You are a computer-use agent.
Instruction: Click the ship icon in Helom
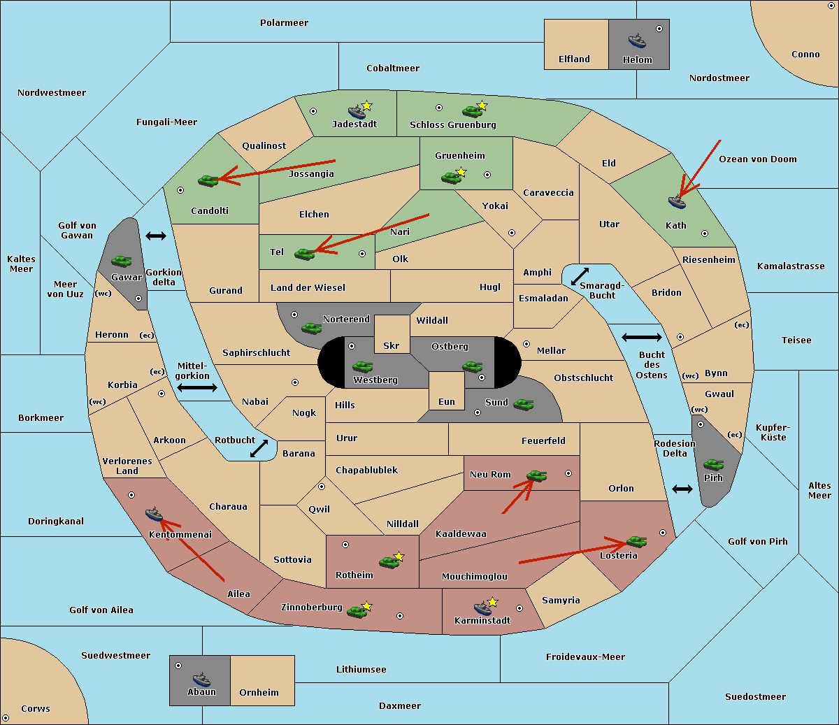[637, 41]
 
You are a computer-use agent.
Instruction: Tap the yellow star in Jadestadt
[366, 106]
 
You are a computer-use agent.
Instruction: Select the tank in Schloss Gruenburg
[472, 111]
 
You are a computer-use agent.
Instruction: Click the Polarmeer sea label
[284, 23]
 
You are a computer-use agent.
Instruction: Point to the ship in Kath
[677, 202]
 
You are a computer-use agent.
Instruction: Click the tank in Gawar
[122, 261]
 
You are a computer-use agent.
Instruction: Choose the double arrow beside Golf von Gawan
[156, 236]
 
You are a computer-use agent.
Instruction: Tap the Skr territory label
[392, 345]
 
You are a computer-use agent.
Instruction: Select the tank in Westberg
[362, 366]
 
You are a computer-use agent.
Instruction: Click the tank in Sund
[523, 404]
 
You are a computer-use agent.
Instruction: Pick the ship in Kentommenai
[155, 514]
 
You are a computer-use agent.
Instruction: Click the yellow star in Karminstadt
[492, 601]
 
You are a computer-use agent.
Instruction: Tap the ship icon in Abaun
[201, 679]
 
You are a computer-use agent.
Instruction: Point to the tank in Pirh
[714, 464]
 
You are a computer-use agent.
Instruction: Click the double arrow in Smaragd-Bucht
[580, 276]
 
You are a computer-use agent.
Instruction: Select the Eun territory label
[447, 401]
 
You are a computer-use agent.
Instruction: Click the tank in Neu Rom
[536, 475]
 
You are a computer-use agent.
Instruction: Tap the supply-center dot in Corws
[6, 717]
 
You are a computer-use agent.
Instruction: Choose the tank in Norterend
[311, 328]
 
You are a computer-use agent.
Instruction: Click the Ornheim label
[259, 692]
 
